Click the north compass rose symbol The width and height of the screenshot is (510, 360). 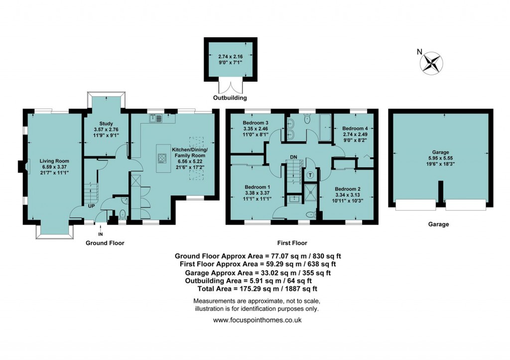tap(431, 63)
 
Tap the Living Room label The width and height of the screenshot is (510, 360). tap(54, 161)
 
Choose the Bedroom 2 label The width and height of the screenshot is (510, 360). tap(347, 189)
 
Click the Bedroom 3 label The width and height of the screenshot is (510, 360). tap(256, 122)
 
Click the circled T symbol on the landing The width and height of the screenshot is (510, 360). tap(310, 175)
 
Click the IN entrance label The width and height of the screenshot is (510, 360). tap(101, 234)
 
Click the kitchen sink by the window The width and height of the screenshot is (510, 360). tap(155, 118)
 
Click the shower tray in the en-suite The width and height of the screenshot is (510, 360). tap(311, 191)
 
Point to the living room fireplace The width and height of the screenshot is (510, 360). tap(21, 167)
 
